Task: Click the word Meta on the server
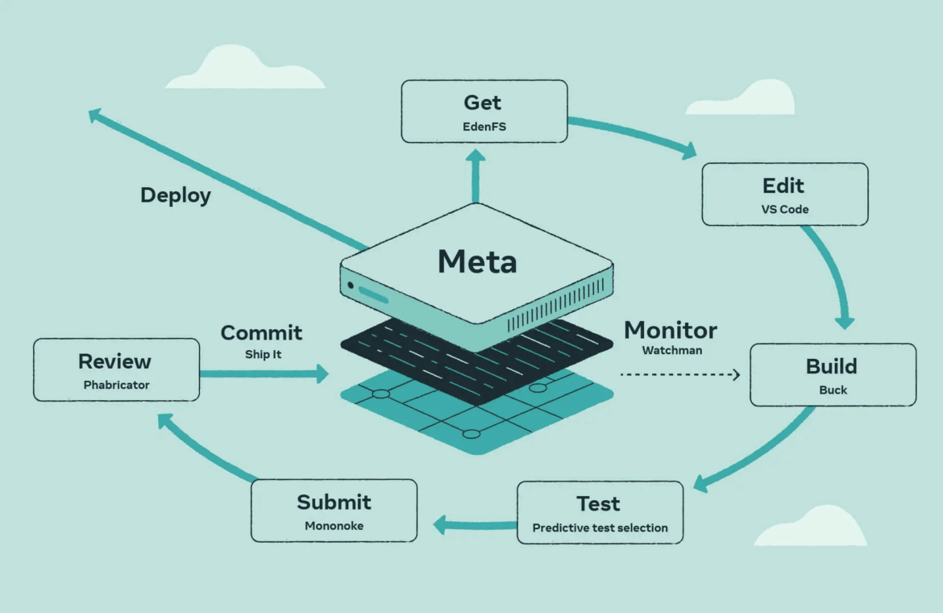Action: click(477, 261)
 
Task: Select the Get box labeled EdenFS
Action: click(484, 111)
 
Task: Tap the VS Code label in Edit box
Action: click(783, 209)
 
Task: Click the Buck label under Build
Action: click(832, 390)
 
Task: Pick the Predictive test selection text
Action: click(600, 528)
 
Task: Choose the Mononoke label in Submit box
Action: click(334, 526)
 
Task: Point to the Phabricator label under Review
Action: click(116, 385)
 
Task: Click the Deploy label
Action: click(176, 195)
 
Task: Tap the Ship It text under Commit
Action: click(262, 354)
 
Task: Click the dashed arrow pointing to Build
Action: click(679, 374)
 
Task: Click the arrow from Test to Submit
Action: click(475, 526)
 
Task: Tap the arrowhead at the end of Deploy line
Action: click(94, 115)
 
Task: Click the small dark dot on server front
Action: click(351, 286)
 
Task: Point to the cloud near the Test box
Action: click(809, 528)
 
